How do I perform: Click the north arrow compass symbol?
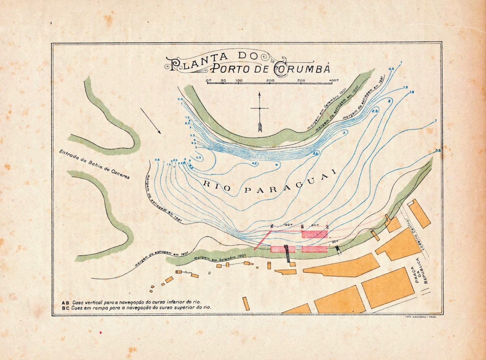pos(260,112)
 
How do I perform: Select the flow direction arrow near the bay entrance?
pos(151,121)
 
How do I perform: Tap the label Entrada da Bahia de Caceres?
pos(94,164)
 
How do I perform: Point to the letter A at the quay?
pos(272,226)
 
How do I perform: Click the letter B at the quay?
pos(302,227)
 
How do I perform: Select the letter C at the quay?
pos(328,227)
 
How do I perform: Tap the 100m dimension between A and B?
pos(287,225)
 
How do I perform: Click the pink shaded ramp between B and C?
pos(314,234)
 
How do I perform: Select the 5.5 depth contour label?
pos(199,157)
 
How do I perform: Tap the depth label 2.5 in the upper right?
pos(375,111)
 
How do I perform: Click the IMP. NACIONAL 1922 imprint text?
pos(421,317)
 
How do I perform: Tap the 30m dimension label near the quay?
pos(335,242)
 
